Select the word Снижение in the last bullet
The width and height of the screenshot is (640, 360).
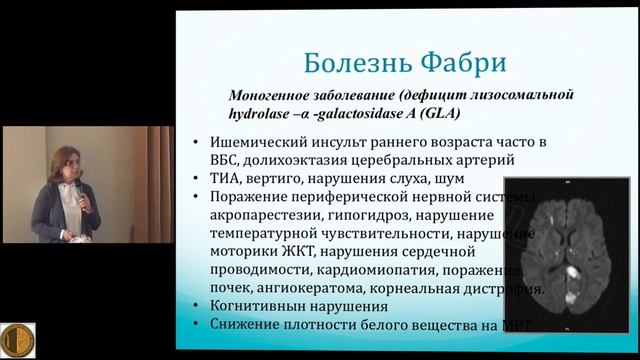pyautogui.click(x=251, y=325)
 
